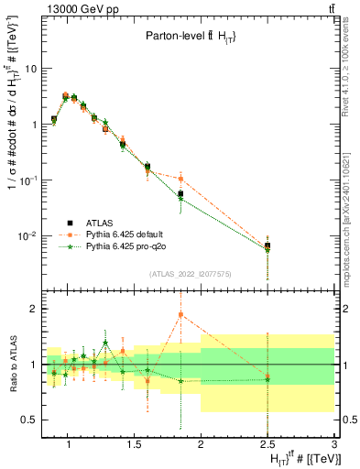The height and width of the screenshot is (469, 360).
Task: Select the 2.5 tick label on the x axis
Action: tap(267, 446)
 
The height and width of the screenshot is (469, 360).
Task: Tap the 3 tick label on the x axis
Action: tap(334, 446)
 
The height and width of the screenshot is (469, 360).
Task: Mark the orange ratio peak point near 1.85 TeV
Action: tap(181, 315)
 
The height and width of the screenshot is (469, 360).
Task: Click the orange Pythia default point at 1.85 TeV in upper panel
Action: tap(181, 179)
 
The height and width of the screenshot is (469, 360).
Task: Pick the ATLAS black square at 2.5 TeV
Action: tap(267, 245)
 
